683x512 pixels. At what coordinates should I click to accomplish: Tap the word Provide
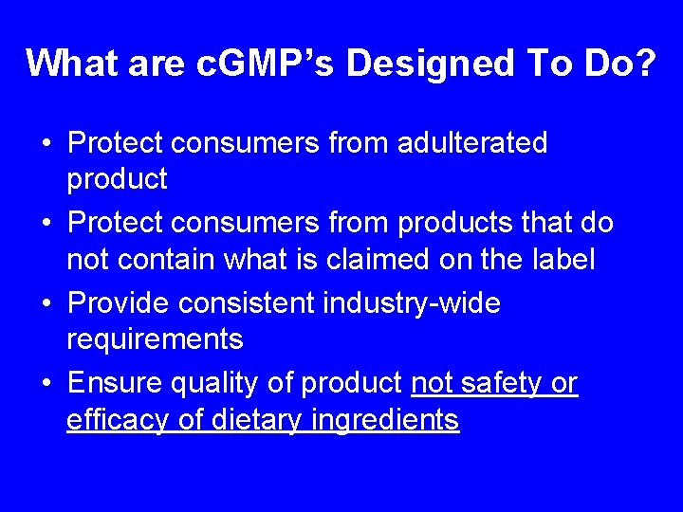coord(124,304)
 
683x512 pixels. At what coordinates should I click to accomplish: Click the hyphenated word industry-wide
coord(412,304)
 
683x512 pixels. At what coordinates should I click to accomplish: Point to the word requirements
coord(155,338)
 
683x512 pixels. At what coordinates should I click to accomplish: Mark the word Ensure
coord(116,384)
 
